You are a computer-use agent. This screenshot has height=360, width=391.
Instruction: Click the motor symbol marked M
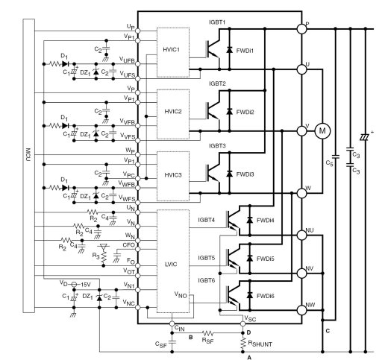[322, 131]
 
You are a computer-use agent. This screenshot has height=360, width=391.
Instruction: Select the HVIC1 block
[173, 52]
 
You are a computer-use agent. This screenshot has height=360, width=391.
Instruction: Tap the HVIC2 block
[173, 114]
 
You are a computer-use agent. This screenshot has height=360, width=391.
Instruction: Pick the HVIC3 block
[173, 176]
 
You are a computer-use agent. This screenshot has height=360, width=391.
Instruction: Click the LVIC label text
[171, 264]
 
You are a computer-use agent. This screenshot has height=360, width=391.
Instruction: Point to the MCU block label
[28, 155]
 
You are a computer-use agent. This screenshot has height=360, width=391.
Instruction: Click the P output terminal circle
[301, 29]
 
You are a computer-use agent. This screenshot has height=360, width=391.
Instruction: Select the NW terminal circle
[301, 310]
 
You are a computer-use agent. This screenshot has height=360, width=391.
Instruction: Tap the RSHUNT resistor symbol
[243, 344]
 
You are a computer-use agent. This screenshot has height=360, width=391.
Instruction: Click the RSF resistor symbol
[207, 333]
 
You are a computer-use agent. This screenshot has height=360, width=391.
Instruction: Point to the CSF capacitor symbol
[172, 342]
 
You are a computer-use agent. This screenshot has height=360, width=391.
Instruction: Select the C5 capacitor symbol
[335, 157]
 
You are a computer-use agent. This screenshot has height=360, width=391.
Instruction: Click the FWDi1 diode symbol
[229, 50]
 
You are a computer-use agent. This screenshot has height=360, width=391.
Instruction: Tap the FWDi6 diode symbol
[250, 295]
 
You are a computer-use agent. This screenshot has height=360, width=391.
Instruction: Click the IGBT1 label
[217, 22]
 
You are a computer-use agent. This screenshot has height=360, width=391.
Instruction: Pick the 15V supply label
[85, 284]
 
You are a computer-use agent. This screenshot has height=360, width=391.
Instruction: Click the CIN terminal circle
[172, 323]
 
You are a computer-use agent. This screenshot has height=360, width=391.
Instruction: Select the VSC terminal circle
[243, 323]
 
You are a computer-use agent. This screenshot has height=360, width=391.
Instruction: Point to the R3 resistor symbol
[104, 257]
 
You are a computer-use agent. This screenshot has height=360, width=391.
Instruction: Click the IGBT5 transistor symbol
[233, 259]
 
